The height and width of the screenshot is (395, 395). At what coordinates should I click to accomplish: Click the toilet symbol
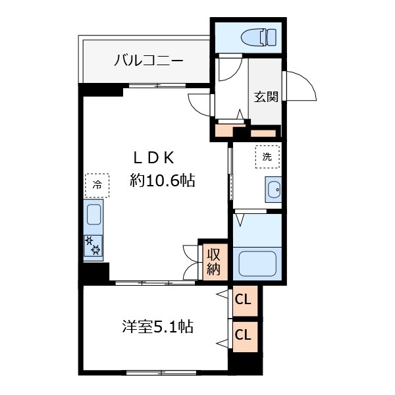(259, 38)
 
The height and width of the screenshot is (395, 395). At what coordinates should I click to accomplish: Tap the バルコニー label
(149, 61)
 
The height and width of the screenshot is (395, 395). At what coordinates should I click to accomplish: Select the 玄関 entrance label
(266, 97)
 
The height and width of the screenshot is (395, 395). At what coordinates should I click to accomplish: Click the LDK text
(153, 158)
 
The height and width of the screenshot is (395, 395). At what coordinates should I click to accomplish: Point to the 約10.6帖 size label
(163, 180)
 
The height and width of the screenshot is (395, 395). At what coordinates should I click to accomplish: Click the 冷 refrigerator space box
(97, 185)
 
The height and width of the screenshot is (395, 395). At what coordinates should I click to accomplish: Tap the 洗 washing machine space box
(267, 157)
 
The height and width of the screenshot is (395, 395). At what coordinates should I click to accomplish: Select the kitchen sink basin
(94, 215)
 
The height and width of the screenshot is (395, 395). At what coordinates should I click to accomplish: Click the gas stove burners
(93, 246)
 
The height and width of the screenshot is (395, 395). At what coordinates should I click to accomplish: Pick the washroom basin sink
(273, 190)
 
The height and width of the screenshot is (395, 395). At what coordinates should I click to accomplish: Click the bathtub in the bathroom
(257, 263)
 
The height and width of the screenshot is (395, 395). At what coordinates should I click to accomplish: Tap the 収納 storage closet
(213, 262)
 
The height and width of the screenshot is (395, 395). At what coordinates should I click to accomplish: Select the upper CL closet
(245, 301)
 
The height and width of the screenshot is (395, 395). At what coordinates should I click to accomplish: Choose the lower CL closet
(245, 336)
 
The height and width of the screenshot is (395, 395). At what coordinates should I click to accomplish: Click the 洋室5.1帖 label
(158, 327)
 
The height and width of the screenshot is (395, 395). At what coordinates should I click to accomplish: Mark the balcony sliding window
(158, 86)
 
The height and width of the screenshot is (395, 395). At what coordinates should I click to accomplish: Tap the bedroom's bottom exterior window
(161, 373)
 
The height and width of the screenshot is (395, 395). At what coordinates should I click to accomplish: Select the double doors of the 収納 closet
(190, 262)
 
